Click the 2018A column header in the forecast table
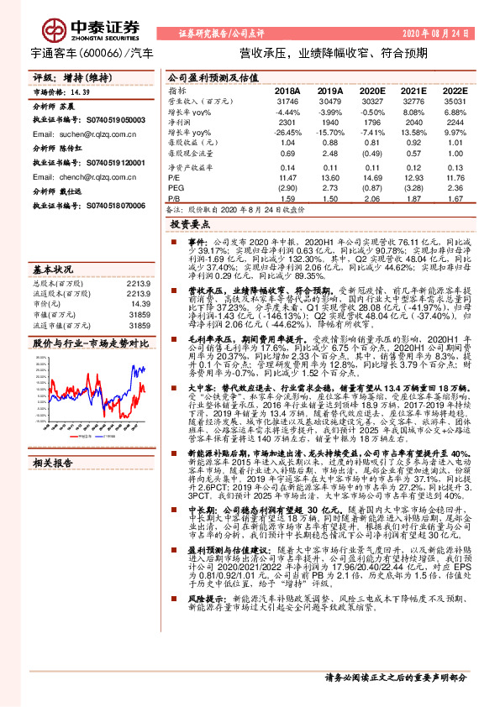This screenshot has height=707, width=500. tap(287, 90)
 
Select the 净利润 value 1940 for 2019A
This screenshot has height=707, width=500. tap(330, 123)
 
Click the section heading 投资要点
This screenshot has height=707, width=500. tap(189, 225)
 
